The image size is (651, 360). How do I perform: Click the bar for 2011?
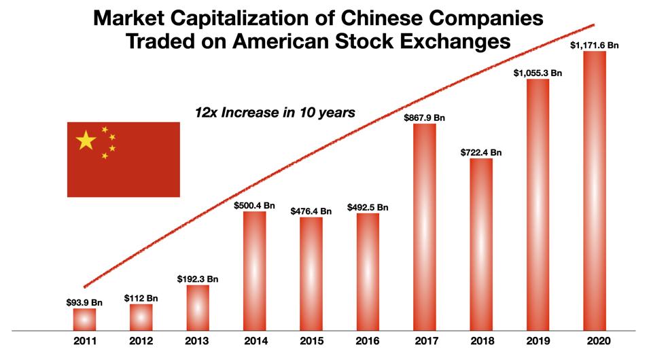[84, 319]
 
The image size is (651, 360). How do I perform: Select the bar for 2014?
[254, 271]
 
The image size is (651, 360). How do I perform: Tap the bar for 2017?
[424, 227]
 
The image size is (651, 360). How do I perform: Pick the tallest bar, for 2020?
[595, 191]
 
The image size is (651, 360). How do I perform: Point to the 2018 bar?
[481, 245]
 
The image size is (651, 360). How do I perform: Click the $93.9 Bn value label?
[84, 302]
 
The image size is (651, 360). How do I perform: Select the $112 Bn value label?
[141, 298]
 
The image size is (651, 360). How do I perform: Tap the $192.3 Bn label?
[198, 278]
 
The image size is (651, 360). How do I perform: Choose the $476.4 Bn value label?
[311, 211]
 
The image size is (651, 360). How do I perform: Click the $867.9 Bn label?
[424, 117]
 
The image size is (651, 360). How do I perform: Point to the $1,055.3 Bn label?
[538, 72]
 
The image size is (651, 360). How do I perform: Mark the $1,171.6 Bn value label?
[595, 44]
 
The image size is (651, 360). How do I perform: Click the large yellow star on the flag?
[86, 141]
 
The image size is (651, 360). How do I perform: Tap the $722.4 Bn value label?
[481, 152]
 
